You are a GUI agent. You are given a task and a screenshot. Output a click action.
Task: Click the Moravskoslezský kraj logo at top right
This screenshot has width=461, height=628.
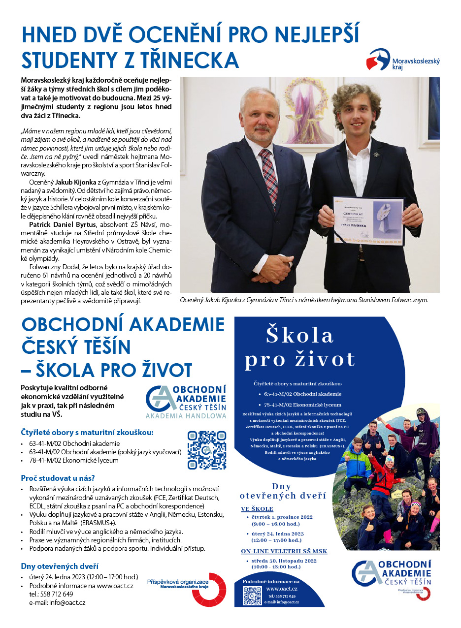(x=403, y=59)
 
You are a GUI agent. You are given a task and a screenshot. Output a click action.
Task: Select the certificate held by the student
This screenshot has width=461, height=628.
(x=368, y=220)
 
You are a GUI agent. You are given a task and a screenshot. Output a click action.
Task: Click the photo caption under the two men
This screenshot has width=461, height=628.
(x=304, y=299)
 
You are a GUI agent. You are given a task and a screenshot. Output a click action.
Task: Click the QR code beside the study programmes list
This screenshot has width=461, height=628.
(x=207, y=450)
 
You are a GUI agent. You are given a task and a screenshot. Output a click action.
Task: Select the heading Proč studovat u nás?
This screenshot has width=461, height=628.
(x=58, y=478)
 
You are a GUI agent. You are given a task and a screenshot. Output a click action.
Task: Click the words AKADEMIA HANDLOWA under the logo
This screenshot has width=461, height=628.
(x=186, y=416)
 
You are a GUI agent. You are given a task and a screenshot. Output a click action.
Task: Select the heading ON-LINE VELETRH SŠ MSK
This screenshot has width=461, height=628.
(x=284, y=551)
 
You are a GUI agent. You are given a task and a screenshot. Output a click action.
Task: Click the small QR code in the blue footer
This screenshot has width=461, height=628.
(x=252, y=596)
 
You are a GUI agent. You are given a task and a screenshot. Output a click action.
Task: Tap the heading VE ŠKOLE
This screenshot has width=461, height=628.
(x=257, y=508)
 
